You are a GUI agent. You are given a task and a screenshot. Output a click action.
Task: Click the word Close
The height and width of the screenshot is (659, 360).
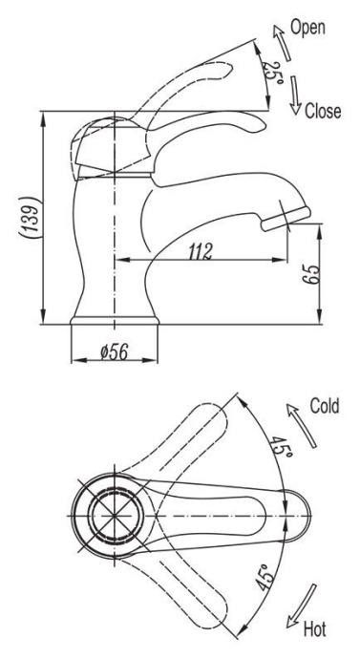(322, 111)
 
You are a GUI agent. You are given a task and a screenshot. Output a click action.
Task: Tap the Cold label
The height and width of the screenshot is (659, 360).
(324, 406)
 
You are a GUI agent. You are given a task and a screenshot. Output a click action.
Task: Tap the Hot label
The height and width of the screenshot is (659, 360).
(314, 630)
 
